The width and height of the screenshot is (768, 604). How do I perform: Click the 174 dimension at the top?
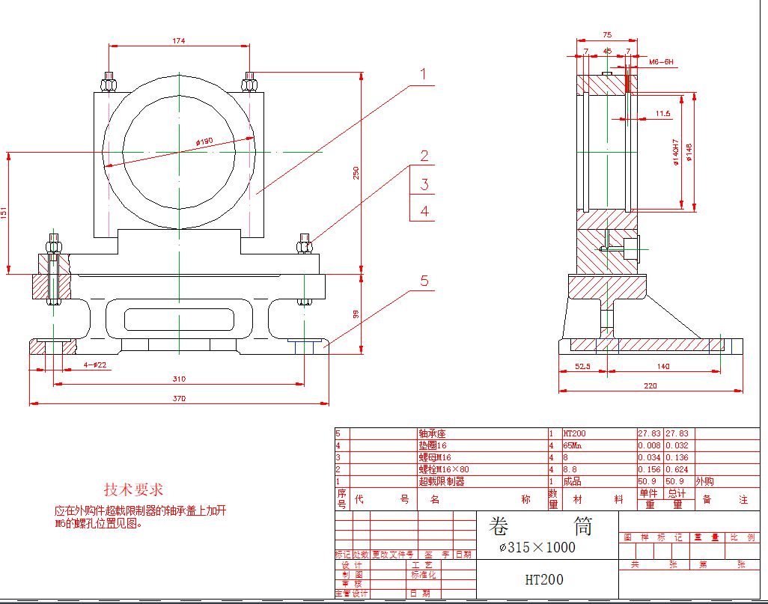click(178, 41)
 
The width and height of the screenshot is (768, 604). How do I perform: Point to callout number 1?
click(423, 74)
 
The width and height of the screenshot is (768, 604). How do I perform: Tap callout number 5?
click(424, 281)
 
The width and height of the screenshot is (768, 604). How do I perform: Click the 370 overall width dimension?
click(179, 398)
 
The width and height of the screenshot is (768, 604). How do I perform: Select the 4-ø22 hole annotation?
click(95, 364)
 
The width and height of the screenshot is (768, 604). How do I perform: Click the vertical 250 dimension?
click(356, 172)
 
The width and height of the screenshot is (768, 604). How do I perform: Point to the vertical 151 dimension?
click(4, 213)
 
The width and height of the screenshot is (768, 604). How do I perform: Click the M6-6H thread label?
click(661, 62)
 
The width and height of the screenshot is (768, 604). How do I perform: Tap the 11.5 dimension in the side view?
click(662, 114)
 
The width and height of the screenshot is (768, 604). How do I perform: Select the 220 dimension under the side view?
click(650, 385)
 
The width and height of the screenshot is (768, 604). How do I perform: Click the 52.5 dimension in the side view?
click(583, 366)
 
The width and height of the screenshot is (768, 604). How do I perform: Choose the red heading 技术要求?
click(133, 489)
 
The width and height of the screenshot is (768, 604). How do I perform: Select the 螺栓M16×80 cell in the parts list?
click(445, 469)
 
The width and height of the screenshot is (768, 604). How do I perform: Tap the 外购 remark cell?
click(705, 481)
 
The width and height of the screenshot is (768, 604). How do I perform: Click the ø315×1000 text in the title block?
click(537, 547)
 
